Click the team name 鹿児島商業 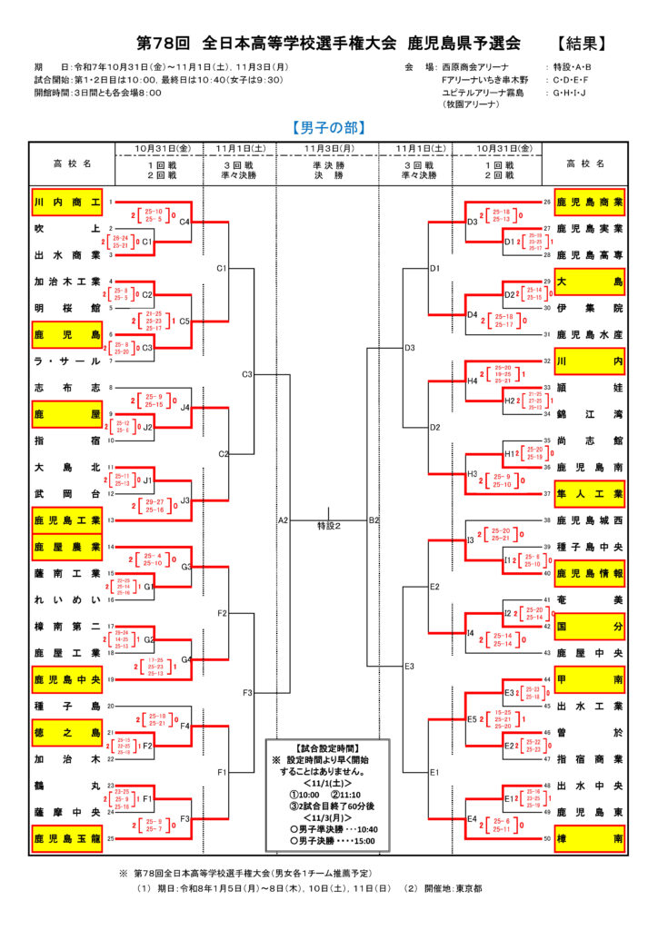[x=589, y=202]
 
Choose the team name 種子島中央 [x=589, y=547]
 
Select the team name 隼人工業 [x=589, y=494]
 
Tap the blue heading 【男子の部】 [x=328, y=127]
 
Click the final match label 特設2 [x=328, y=526]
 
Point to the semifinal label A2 [x=283, y=520]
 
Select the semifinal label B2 [x=374, y=520]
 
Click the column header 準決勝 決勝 [x=328, y=172]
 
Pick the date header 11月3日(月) [x=328, y=148]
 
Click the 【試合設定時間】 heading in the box [x=328, y=747]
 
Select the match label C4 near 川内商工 [x=184, y=222]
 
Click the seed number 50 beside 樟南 [x=547, y=838]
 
